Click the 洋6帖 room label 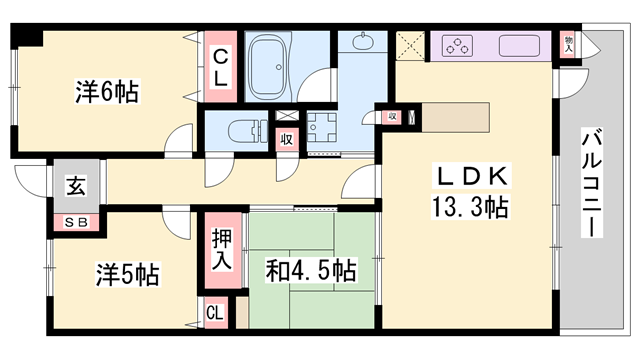[105, 92]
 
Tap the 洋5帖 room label [128, 273]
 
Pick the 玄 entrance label [76, 186]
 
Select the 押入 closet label [222, 250]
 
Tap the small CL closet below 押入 [214, 313]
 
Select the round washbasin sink [362, 43]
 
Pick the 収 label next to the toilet [287, 140]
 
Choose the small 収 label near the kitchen [392, 118]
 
